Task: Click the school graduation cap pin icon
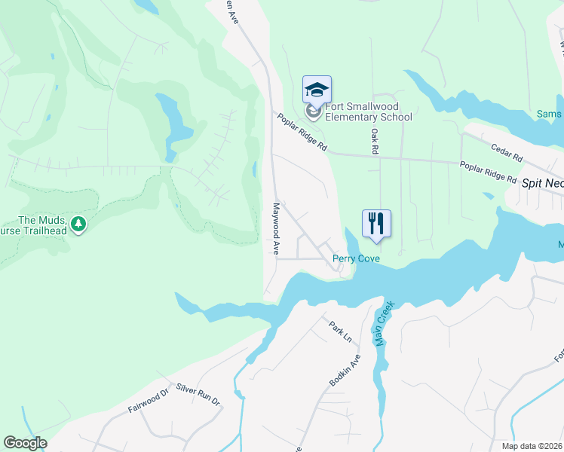pyautogui.click(x=317, y=91)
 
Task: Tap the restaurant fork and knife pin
pyautogui.click(x=376, y=223)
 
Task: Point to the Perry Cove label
pyautogui.click(x=356, y=259)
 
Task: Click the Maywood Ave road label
pyautogui.click(x=277, y=228)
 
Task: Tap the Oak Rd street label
pyautogui.click(x=373, y=141)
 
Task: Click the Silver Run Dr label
pyautogui.click(x=198, y=395)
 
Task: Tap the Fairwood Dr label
pyautogui.click(x=147, y=405)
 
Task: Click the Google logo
pyautogui.click(x=25, y=443)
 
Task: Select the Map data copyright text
pyautogui.click(x=532, y=446)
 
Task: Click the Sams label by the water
pyautogui.click(x=548, y=115)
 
